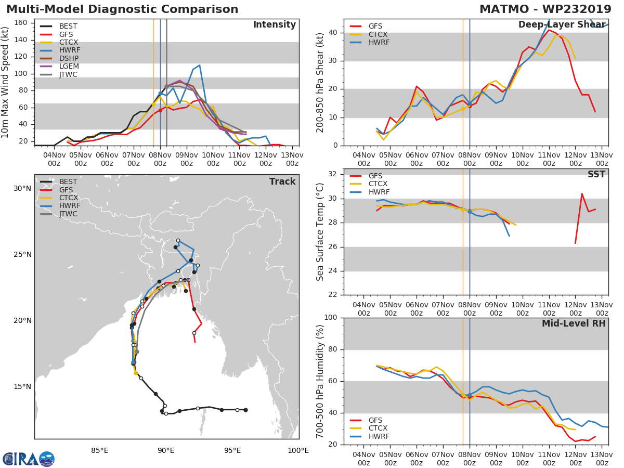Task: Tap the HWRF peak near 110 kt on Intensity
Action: [200, 66]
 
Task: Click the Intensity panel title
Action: [275, 24]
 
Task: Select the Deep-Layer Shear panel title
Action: [562, 24]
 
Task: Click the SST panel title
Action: [596, 174]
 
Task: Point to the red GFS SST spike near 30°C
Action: [582, 194]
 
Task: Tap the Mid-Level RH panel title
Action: [574, 323]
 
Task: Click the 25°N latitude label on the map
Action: [22, 254]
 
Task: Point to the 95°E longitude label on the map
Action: [232, 450]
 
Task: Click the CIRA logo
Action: [29, 459]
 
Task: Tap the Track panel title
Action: [282, 181]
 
